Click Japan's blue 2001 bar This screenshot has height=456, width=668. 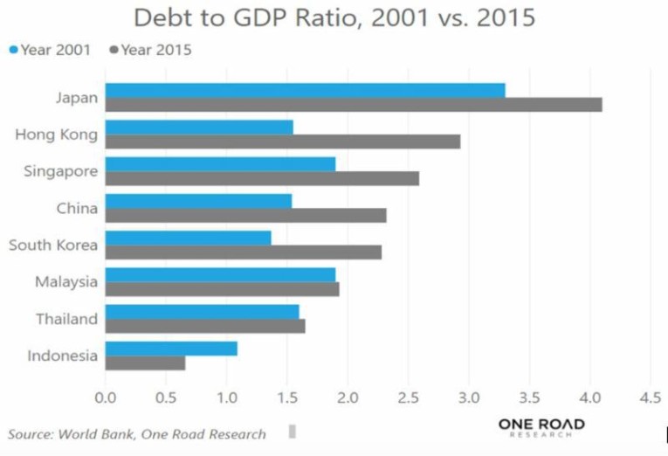[x=305, y=91]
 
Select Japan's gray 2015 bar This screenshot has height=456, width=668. [x=353, y=105]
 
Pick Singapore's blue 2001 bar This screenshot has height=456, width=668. [x=220, y=164]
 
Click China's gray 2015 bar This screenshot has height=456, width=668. [x=245, y=215]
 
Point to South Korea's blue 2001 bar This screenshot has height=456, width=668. [x=188, y=238]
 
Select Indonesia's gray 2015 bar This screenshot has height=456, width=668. [x=145, y=363]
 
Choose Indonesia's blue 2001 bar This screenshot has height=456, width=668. [x=171, y=349]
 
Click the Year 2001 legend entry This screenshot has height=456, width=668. [x=49, y=50]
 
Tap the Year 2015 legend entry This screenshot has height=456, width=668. [x=151, y=50]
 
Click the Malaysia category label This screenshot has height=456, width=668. [x=66, y=282]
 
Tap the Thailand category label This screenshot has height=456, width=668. [x=66, y=319]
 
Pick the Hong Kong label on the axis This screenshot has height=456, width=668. [x=57, y=135]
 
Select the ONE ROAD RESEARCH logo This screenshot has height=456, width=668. [x=541, y=427]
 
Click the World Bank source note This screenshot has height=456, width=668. [x=138, y=433]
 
